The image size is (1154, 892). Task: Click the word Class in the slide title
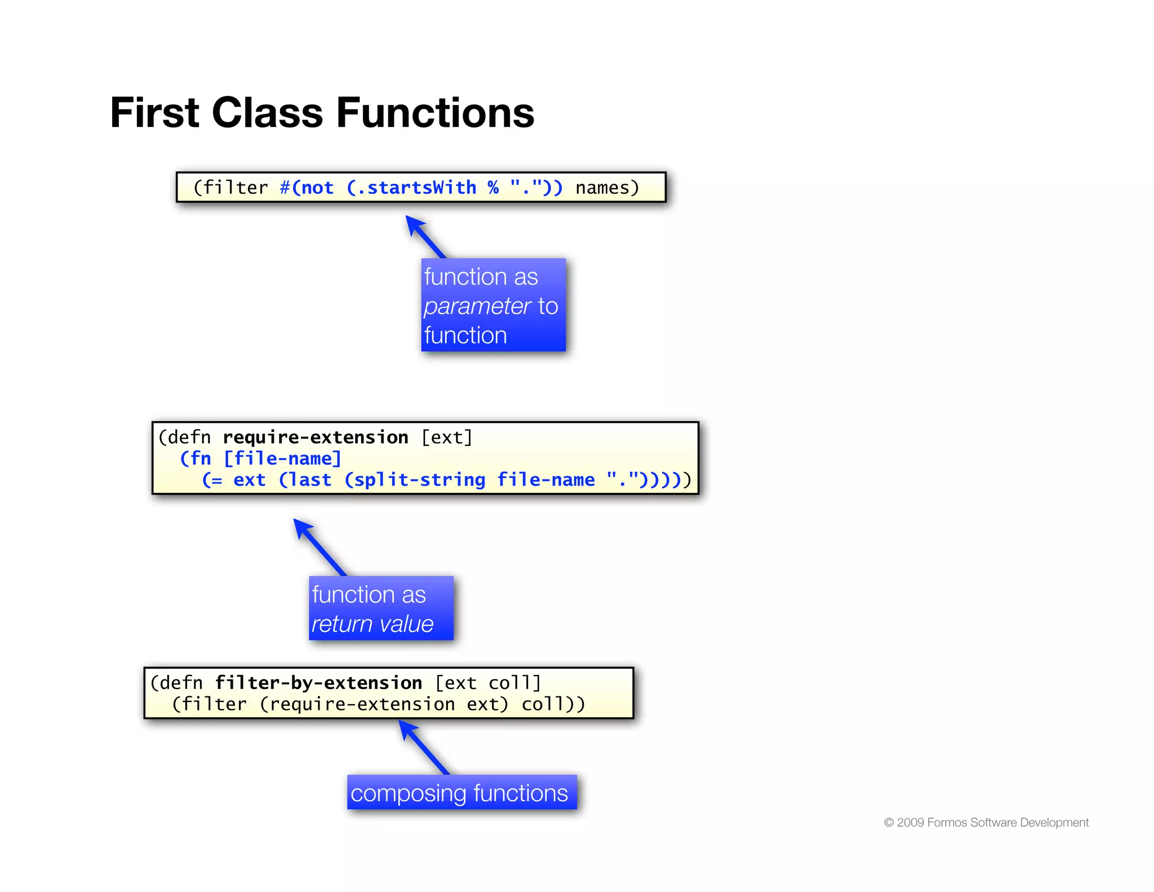point(267,113)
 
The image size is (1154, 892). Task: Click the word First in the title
point(154,113)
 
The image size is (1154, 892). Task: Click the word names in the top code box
point(602,188)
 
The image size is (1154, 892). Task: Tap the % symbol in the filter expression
point(493,188)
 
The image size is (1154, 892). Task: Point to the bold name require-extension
point(315,438)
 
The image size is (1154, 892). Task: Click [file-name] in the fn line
point(282,459)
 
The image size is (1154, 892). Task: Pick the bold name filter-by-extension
point(318,683)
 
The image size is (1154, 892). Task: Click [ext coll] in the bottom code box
point(488,683)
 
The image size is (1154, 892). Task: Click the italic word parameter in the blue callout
point(477,306)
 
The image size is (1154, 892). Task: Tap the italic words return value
point(372,624)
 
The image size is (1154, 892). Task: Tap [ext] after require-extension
point(447,438)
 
